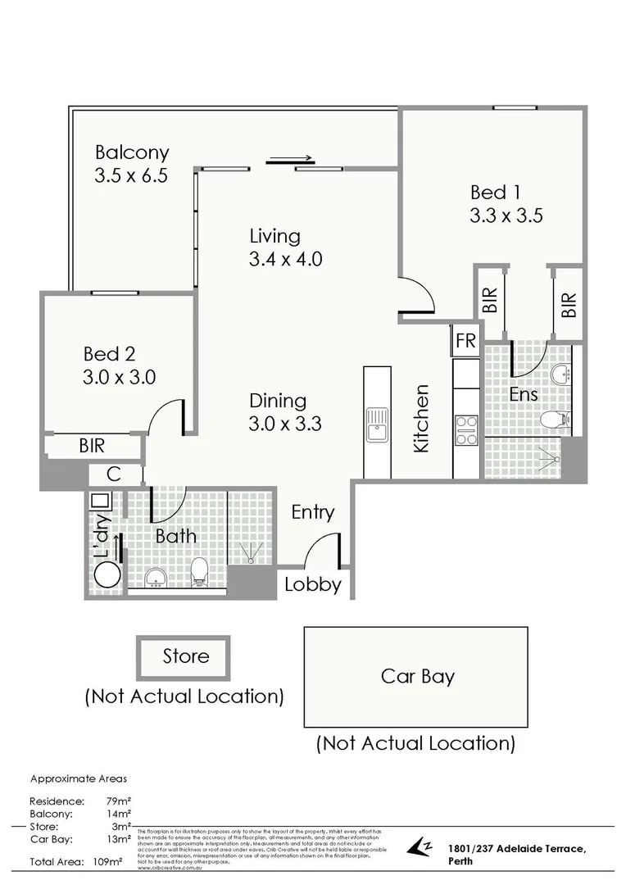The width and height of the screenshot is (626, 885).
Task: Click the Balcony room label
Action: coord(132,152)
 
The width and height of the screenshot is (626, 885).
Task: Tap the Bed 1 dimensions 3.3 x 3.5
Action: coord(506,216)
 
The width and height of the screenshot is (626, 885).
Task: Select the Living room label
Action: coord(274,237)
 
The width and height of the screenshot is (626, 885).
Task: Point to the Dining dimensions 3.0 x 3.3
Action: coord(285,424)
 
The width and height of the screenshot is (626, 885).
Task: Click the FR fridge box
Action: coord(465,341)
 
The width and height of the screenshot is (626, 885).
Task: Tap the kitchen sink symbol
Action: coord(378,424)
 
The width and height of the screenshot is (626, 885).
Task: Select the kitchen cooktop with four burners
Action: coord(466,430)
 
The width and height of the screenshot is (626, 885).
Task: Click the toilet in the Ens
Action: coord(554,420)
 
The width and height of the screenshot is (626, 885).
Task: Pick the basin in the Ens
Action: coord(562,374)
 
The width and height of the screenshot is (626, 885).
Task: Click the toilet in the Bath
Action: coord(198,573)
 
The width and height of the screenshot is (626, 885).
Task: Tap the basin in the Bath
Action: coord(155,579)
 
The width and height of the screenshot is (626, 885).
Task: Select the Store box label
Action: coord(185,656)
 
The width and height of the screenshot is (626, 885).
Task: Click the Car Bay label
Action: coord(417,676)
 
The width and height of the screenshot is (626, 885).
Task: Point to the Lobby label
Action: coord(313,584)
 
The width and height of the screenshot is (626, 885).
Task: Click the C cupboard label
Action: coord(115,474)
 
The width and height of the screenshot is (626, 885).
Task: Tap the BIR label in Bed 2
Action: coord(92,447)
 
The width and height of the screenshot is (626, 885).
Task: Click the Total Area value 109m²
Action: coord(108,862)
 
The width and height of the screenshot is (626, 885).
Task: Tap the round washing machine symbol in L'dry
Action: coord(105,574)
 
